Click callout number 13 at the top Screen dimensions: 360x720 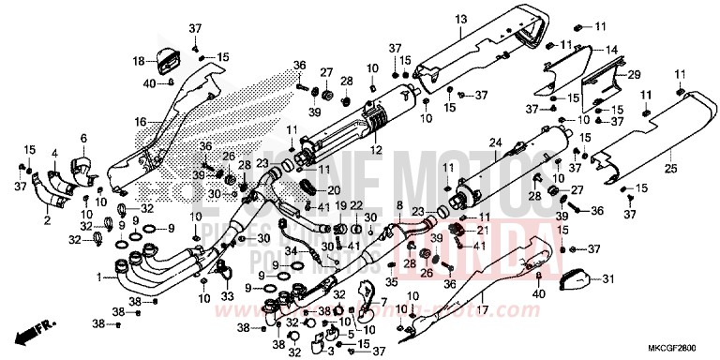(460, 19)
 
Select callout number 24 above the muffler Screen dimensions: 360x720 (496, 142)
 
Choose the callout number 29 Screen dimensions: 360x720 (634, 73)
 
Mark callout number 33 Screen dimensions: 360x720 (226, 296)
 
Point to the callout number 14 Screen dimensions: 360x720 (610, 50)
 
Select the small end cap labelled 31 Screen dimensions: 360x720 (574, 277)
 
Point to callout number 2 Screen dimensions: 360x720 (47, 220)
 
